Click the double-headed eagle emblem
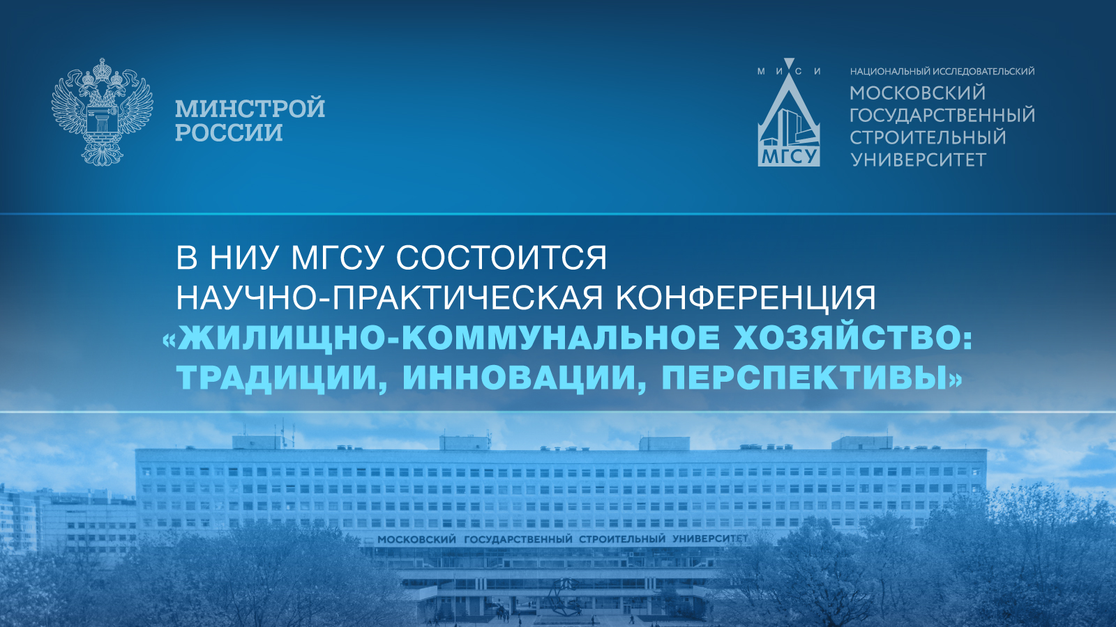coord(102,112)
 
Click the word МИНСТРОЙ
coord(250,108)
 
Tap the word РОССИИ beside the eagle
coord(229,132)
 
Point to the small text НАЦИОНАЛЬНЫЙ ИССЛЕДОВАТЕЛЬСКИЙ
coord(942,72)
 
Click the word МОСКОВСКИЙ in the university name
coord(918,93)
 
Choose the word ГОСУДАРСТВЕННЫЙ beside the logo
coord(942,116)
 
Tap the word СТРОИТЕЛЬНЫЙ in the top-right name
coord(928,137)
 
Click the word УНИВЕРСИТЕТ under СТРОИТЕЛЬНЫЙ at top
coord(918,160)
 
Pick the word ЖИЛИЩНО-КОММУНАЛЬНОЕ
coord(449,338)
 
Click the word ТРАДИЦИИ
coord(277,378)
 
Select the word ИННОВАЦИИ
coord(519,378)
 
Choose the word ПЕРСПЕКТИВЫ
coord(805,378)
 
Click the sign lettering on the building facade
coord(562,539)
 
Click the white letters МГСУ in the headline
coord(338,257)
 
